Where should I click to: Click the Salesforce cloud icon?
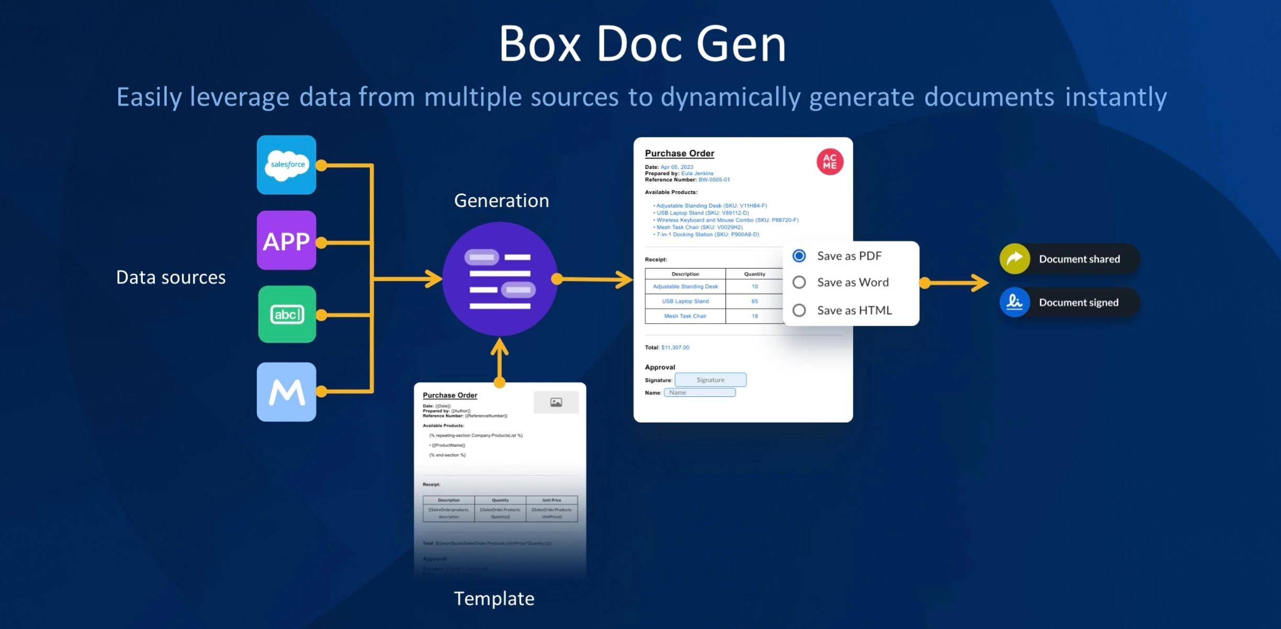coord(286,165)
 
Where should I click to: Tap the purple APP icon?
coord(286,241)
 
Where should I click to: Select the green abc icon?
coord(287,314)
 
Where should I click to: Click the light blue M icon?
coord(286,392)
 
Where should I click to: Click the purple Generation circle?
coord(500,279)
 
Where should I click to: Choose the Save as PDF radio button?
coord(799,256)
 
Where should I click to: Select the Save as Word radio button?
coord(799,282)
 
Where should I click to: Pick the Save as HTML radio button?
coord(799,310)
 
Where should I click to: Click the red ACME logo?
coord(829,162)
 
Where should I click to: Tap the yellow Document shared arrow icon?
coord(1015,259)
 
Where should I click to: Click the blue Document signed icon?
coord(1015,302)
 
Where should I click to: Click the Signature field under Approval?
coord(710,380)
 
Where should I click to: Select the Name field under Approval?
coord(700,393)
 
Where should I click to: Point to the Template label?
coord(494,599)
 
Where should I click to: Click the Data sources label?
coord(171,277)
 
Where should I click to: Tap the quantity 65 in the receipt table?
coord(754,301)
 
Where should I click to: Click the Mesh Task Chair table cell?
coord(685,316)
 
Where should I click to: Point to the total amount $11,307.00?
coord(675,347)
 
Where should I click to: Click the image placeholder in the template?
coord(556,402)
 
